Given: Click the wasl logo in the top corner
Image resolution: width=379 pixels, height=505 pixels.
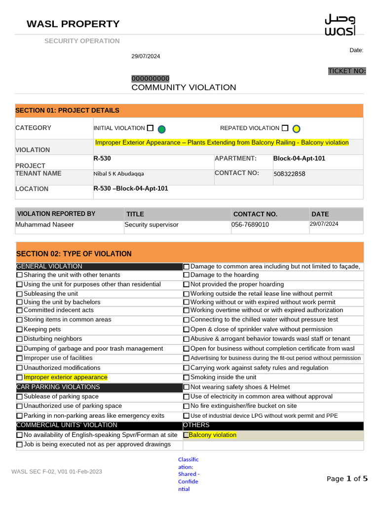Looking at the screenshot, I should (340, 25).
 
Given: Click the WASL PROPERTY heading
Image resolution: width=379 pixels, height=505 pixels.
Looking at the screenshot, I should (73, 24).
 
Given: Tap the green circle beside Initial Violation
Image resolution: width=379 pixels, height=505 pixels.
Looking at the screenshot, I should (161, 129).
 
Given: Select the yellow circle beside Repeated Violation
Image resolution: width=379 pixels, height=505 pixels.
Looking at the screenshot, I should (296, 129).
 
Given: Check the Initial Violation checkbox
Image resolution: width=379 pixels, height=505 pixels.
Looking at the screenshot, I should (150, 128).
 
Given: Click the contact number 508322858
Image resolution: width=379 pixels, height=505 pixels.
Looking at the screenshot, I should (289, 174).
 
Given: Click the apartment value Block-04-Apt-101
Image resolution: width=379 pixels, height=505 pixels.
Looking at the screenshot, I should (299, 159).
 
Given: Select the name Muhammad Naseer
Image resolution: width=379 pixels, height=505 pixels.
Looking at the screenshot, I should (45, 225).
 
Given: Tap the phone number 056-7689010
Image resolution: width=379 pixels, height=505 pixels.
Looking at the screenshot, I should (250, 225).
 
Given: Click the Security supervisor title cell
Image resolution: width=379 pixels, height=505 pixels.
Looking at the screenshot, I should (152, 225).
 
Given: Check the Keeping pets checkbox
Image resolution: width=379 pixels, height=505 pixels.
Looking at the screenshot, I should (20, 329).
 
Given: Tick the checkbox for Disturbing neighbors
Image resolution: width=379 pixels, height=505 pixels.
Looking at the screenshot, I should (20, 339).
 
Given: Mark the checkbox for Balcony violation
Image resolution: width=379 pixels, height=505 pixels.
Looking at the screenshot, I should (187, 435).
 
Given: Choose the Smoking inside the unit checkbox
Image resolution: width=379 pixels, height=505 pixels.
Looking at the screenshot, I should (187, 378).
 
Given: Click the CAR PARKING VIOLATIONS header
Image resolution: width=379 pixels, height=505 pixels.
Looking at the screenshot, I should (58, 387).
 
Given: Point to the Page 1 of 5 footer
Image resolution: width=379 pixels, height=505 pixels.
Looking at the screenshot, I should (347, 478).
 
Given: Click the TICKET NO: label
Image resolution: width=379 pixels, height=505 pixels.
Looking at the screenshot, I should (347, 71).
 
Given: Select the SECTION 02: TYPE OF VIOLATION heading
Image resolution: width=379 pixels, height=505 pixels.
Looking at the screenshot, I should (74, 254).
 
